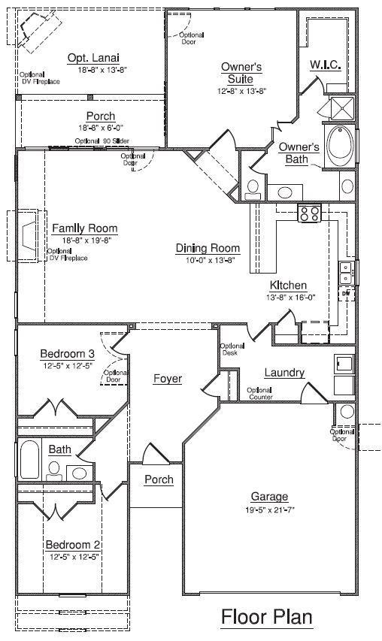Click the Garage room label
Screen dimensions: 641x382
[270, 497]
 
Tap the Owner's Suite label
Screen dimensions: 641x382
[241, 73]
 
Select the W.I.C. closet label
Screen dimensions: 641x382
[326, 65]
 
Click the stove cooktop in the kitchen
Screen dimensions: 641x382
[309, 213]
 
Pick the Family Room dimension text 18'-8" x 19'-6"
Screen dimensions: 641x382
[85, 240]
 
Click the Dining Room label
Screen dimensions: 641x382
[208, 248]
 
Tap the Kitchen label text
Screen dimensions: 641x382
[288, 286]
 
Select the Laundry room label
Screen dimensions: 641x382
[284, 373]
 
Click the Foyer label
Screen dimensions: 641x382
[168, 379]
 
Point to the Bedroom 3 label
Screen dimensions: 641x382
[68, 354]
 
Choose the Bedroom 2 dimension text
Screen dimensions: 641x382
[74, 557]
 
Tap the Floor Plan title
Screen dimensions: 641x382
[266, 617]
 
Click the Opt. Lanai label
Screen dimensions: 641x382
[93, 58]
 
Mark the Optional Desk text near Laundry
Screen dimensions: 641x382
[230, 349]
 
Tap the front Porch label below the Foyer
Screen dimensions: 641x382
[159, 479]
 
